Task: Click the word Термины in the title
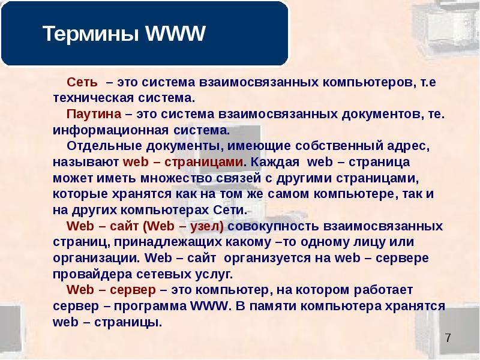(91, 34)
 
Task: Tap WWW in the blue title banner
(175, 33)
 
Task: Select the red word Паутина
(94, 114)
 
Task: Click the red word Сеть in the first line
(82, 82)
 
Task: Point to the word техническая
(94, 98)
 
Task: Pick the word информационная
(110, 130)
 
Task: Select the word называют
(85, 162)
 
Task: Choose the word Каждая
(275, 162)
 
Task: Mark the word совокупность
(274, 226)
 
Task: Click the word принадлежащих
(168, 242)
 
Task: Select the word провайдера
(93, 274)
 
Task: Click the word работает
(383, 290)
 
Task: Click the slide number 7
(448, 338)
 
